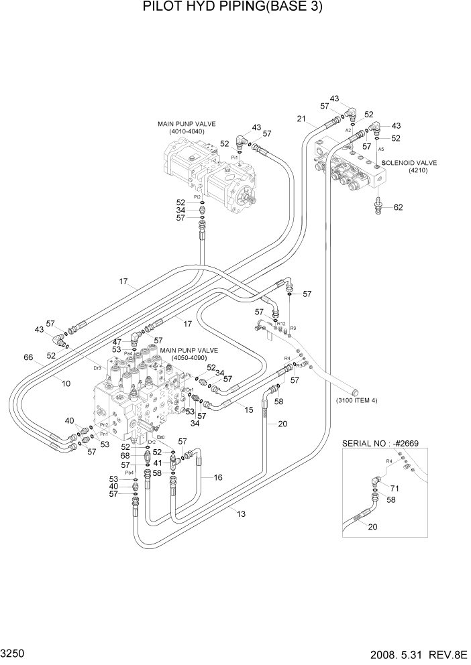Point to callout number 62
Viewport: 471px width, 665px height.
coord(399,207)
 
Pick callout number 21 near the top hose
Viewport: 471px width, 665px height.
coord(301,121)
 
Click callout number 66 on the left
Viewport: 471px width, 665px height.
coord(28,358)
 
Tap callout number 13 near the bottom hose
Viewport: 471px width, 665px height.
coord(241,513)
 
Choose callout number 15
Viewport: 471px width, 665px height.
coord(249,410)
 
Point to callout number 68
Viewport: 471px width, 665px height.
coord(125,457)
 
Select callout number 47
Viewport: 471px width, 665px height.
coord(117,342)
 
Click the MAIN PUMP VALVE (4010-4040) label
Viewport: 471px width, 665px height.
coord(180,127)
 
